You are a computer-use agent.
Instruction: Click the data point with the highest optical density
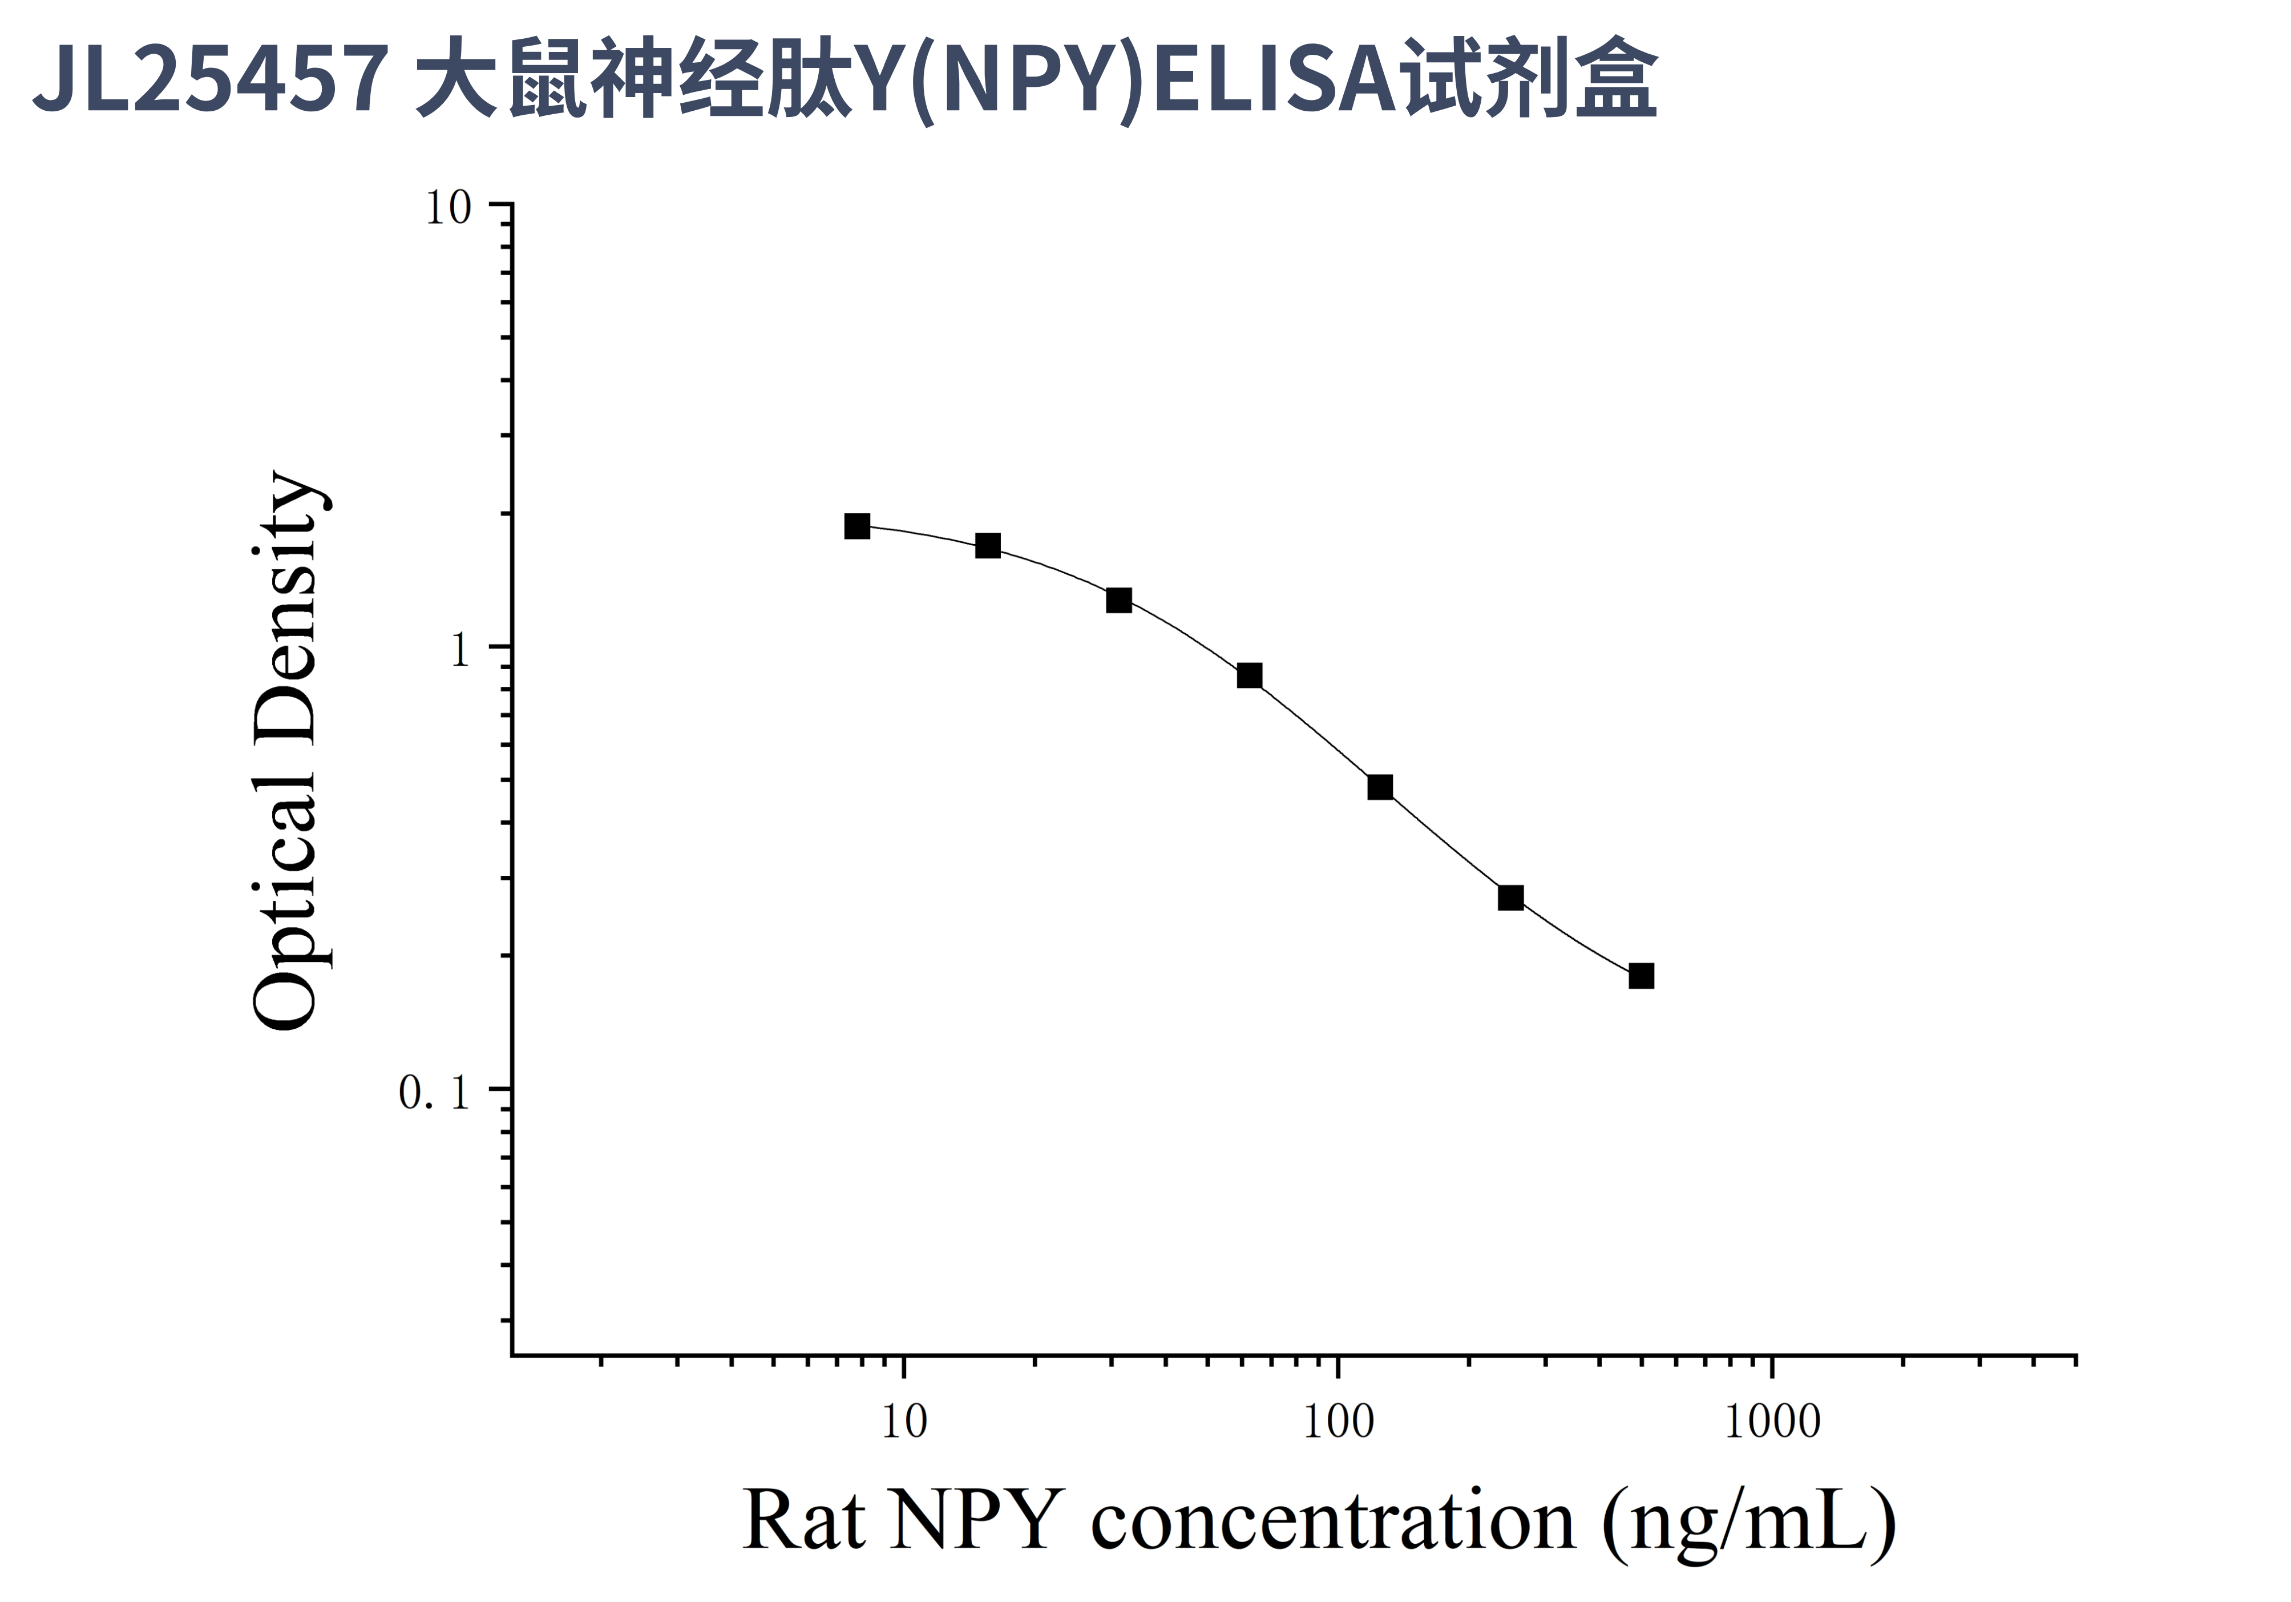pos(856,526)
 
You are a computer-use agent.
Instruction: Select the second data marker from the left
pos(987,545)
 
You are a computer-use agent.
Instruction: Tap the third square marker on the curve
pos(1118,600)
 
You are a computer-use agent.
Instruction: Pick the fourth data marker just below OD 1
pos(1249,676)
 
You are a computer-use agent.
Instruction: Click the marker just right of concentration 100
pos(1380,787)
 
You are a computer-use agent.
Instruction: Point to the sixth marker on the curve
pos(1511,897)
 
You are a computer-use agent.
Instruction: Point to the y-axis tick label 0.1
pos(434,1093)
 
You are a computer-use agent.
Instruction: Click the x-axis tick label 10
pos(904,1422)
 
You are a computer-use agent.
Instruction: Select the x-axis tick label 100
pos(1338,1422)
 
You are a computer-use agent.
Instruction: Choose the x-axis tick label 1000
pos(1772,1422)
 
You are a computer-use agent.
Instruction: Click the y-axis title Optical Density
pos(286,751)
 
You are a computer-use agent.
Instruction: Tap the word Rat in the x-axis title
pos(804,1521)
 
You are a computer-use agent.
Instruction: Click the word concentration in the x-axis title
pos(1332,1521)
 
